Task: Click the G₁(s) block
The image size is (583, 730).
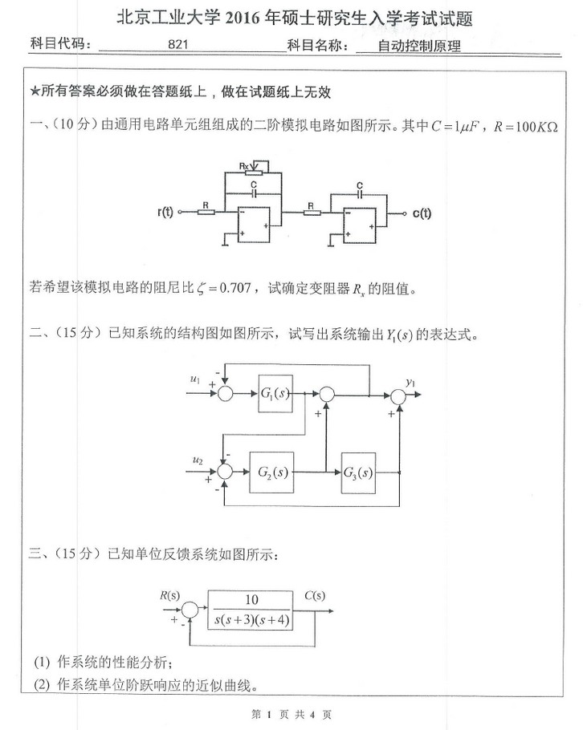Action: tap(275, 394)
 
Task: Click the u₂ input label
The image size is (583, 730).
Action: tap(198, 460)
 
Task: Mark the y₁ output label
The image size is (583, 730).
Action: tap(410, 382)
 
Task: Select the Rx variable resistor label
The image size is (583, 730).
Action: tap(245, 164)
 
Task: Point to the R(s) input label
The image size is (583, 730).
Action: tap(170, 594)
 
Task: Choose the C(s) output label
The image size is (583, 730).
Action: tap(315, 594)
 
